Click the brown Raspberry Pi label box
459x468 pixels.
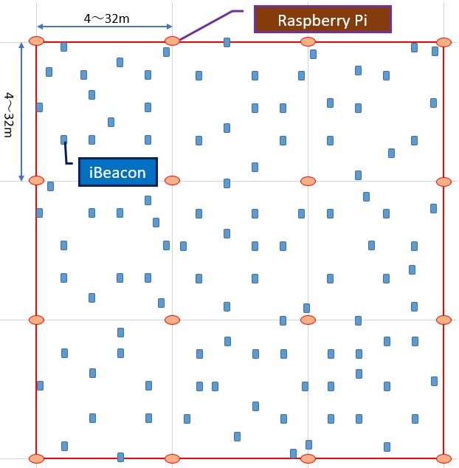click(322, 20)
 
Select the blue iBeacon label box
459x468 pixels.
click(118, 172)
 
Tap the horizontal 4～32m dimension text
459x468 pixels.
click(105, 18)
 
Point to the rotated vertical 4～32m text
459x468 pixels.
click(9, 114)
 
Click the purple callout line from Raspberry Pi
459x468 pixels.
click(207, 24)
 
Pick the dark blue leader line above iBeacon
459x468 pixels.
click(66, 154)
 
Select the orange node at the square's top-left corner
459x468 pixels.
click(36, 41)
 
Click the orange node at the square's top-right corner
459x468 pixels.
click(444, 42)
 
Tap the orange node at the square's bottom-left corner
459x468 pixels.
click(36, 458)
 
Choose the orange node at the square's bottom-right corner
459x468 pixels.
click(444, 458)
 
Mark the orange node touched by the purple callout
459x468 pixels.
click(172, 41)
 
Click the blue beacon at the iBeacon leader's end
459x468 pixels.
click(63, 140)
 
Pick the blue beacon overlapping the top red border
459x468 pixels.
click(227, 42)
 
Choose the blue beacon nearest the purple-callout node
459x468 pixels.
click(166, 52)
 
